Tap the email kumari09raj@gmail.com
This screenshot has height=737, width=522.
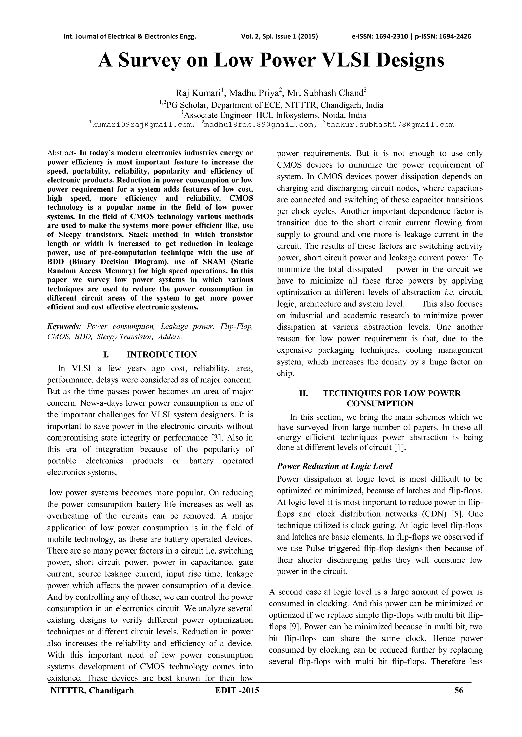[x=142, y=125]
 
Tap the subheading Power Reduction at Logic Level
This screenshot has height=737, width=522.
[x=335, y=466]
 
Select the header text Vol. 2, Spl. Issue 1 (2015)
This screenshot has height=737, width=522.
[x=279, y=36]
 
